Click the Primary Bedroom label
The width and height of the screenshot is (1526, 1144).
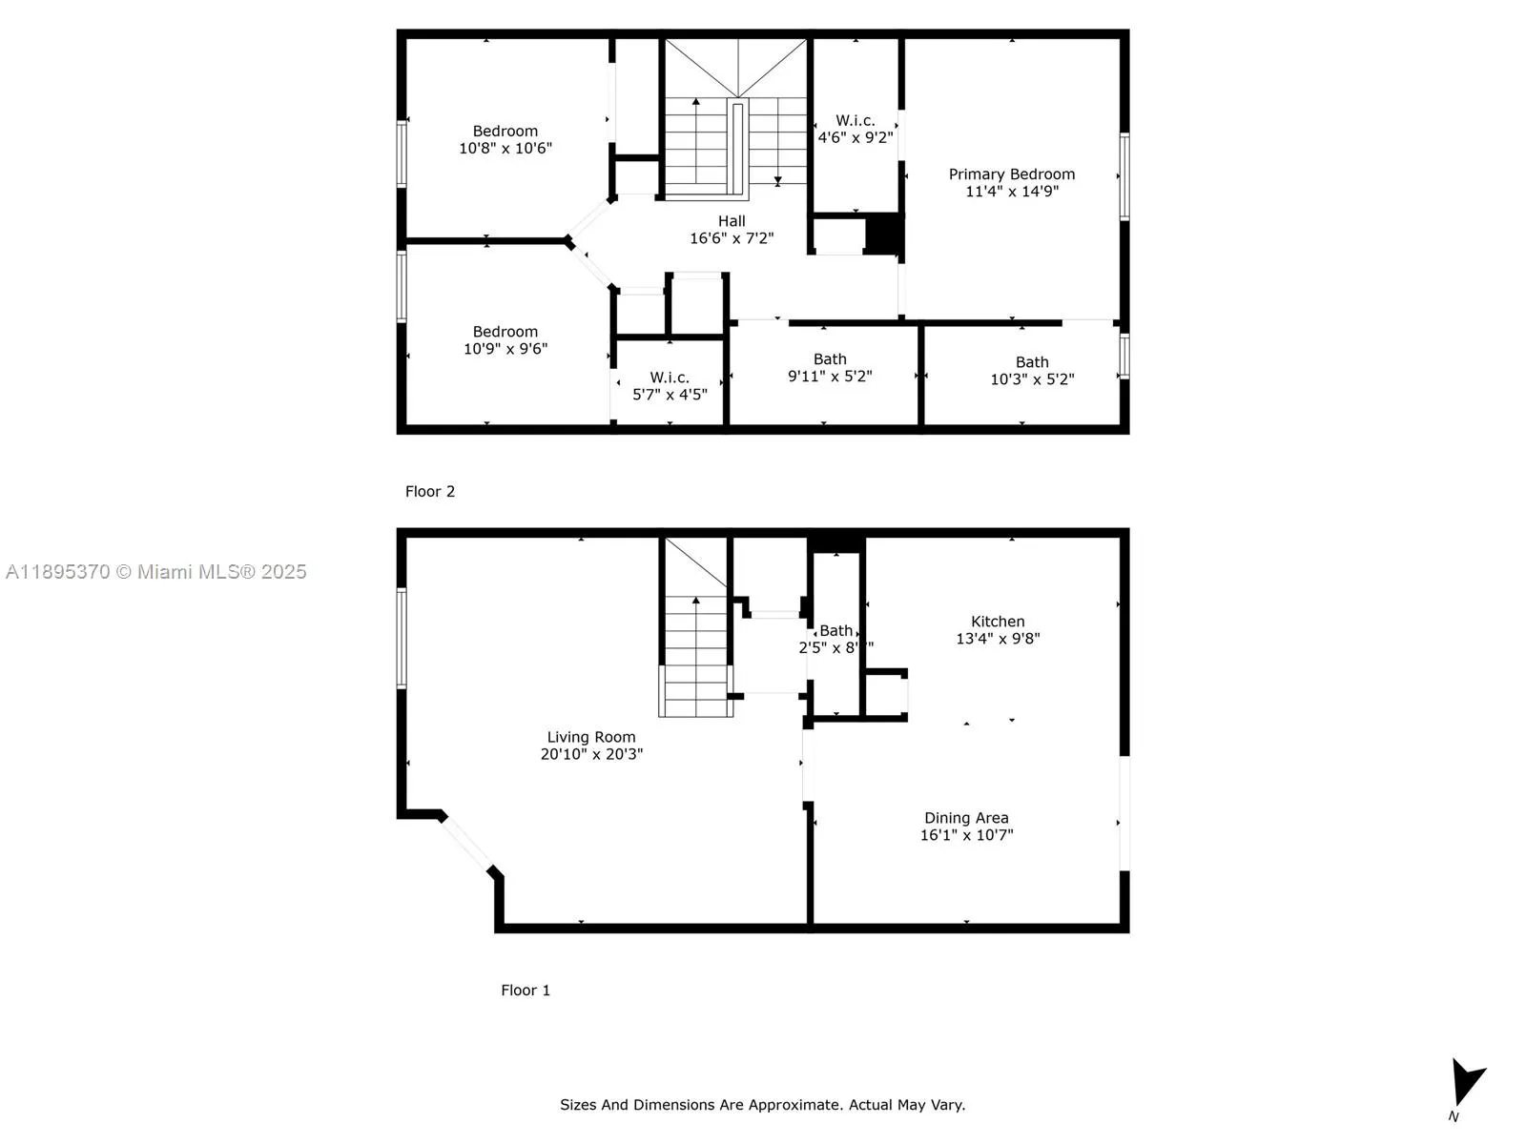[x=1011, y=174]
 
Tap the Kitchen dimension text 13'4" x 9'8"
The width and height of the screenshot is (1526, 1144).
[x=998, y=639]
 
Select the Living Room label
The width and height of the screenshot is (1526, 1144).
[x=590, y=736]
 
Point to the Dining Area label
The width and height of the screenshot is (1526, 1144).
[x=965, y=817]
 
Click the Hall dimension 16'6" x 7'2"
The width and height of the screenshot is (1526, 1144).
[x=732, y=238]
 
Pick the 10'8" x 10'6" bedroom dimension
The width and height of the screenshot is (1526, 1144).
[x=505, y=148]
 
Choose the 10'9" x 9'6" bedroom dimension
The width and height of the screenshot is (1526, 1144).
[x=505, y=349]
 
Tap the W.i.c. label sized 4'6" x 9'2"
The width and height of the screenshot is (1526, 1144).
[x=855, y=120]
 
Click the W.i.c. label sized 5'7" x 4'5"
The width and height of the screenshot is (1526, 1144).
[x=669, y=378]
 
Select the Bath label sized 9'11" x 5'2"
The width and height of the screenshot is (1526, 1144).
[x=829, y=358]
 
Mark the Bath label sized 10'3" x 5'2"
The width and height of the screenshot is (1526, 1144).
[x=1031, y=361]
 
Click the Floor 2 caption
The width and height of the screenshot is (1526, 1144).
[x=429, y=491]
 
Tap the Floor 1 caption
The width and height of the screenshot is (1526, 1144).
[x=525, y=990]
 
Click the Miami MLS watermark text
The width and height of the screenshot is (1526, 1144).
[x=155, y=571]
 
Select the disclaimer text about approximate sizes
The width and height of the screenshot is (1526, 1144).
[x=762, y=1104]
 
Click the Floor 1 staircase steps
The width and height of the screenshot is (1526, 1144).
[x=696, y=658]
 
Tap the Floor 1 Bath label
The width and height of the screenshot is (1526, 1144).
[x=835, y=630]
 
